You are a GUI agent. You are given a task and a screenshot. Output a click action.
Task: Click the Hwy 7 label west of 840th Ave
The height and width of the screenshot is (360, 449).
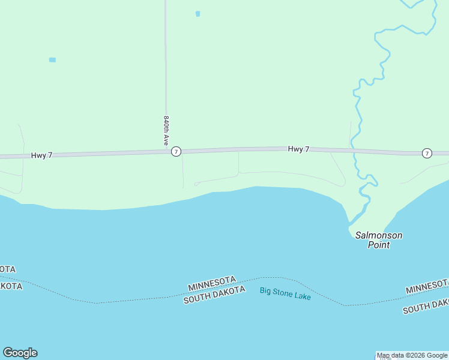[x=42, y=155]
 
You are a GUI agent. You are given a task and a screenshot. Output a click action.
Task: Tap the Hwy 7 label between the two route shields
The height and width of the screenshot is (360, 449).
[x=298, y=149]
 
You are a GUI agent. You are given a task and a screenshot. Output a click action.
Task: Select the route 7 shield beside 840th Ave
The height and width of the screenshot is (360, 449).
[x=176, y=152]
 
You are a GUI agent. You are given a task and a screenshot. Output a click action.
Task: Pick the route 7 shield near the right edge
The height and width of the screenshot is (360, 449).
[x=426, y=153]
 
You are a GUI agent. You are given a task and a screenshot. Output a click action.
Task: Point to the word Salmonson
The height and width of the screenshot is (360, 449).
[x=379, y=235]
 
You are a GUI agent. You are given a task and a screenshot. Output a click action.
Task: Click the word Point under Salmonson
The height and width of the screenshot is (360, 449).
[x=379, y=245]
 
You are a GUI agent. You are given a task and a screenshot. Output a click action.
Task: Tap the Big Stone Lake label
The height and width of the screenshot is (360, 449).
[x=285, y=293]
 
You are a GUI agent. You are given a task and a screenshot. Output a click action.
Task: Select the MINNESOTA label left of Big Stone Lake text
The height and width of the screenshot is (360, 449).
[x=212, y=283]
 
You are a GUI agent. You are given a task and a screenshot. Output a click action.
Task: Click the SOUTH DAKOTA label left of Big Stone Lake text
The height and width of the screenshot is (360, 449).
[x=214, y=295]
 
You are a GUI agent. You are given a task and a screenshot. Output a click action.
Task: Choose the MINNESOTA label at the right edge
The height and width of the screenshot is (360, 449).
[x=427, y=286]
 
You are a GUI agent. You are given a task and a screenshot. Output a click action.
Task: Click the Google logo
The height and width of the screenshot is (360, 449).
[x=20, y=353]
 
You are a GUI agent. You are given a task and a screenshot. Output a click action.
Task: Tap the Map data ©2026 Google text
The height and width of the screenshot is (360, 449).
[x=412, y=355]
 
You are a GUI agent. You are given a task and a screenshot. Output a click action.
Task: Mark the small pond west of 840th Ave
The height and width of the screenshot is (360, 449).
[x=52, y=60]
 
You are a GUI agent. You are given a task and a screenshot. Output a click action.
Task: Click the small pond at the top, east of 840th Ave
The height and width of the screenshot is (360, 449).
[x=197, y=14]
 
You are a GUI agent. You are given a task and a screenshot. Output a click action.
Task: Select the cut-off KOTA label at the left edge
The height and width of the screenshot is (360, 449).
[x=10, y=286]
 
